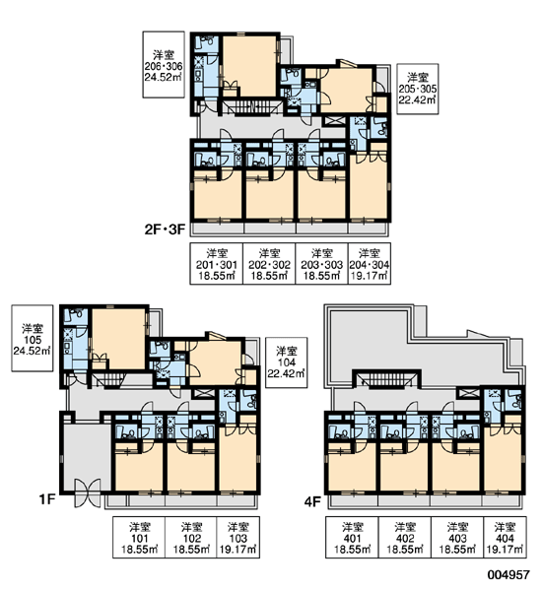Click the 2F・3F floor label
click(x=166, y=230)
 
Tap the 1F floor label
click(x=47, y=499)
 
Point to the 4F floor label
click(x=312, y=501)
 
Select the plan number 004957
click(x=508, y=575)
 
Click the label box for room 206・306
click(x=164, y=64)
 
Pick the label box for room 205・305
click(x=418, y=89)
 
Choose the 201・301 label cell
click(x=216, y=263)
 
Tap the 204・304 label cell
click(x=370, y=263)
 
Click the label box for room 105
click(x=33, y=338)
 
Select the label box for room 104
click(x=287, y=362)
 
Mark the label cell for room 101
click(x=139, y=537)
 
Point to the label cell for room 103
click(x=238, y=537)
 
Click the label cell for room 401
click(x=352, y=537)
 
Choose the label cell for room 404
click(x=505, y=537)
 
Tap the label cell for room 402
click(x=405, y=537)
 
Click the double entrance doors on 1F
click(x=88, y=492)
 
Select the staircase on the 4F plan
click(x=386, y=379)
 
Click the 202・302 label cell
click(x=269, y=263)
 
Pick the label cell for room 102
click(x=191, y=537)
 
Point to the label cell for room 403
click(x=457, y=537)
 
